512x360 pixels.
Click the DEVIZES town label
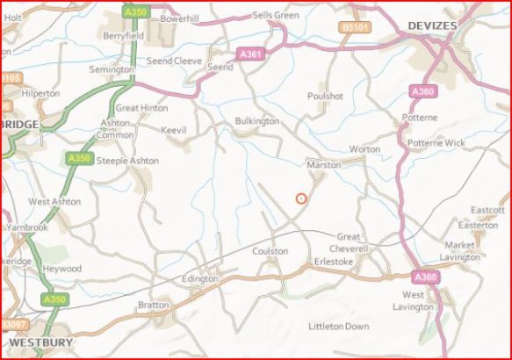point(432,26)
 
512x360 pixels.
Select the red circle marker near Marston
point(301,198)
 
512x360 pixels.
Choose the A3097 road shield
point(12,325)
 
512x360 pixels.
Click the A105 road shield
point(9,78)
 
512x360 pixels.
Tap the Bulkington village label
point(257,121)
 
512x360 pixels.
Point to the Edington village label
point(198,278)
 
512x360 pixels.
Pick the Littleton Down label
point(339,326)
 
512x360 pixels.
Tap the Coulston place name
point(270,251)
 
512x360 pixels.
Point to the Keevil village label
point(176,130)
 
